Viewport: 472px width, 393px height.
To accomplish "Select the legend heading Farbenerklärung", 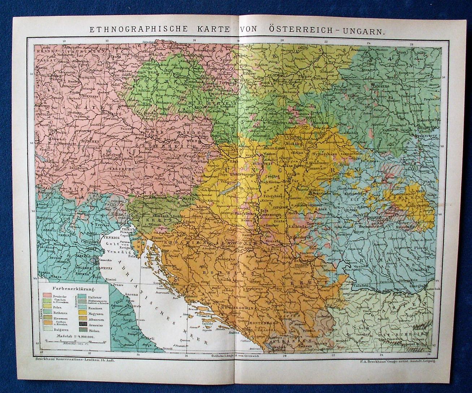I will pyautogui.click(x=73, y=289).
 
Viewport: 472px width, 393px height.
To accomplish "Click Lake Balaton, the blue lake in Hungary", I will pyautogui.click(x=231, y=188).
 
